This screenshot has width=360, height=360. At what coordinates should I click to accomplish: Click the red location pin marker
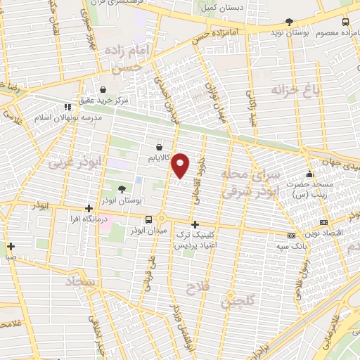(x=181, y=165)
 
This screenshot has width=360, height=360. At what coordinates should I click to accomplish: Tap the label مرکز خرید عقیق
(x=104, y=101)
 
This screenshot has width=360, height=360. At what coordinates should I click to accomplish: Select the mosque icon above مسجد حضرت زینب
(x=308, y=175)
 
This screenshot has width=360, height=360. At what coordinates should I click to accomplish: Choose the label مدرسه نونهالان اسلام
(x=67, y=117)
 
